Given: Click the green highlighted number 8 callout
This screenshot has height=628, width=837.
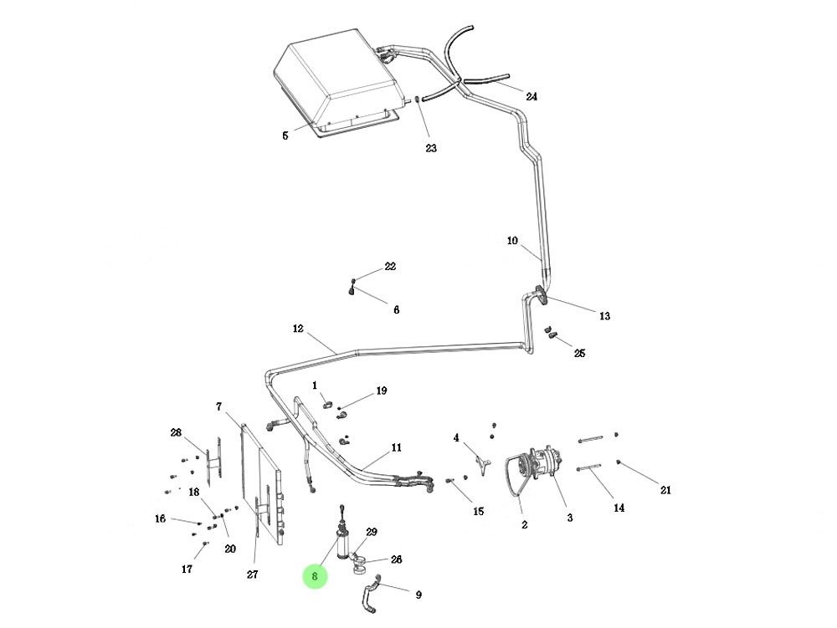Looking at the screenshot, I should [x=315, y=576].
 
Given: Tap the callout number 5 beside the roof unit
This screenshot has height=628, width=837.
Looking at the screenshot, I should [x=285, y=135].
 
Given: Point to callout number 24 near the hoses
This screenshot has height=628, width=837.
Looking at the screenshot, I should [x=531, y=96].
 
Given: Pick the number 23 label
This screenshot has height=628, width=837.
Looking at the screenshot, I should [x=431, y=148].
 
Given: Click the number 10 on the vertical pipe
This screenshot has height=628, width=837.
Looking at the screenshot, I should [x=512, y=241].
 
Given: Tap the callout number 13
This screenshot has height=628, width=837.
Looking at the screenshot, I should [x=604, y=316].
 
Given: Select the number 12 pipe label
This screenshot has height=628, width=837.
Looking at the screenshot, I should [x=298, y=329].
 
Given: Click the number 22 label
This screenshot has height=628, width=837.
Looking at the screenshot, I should [x=390, y=267].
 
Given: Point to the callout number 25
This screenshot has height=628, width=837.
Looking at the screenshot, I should [x=579, y=354].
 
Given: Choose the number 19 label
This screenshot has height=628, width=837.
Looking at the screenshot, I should [x=382, y=391].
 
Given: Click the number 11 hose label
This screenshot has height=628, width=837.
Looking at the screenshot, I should [x=396, y=447].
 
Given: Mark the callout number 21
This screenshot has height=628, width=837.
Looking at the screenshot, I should [x=665, y=490].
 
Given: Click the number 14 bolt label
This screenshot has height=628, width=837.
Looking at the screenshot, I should [x=619, y=508].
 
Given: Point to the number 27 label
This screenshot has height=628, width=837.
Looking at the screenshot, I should [x=252, y=574].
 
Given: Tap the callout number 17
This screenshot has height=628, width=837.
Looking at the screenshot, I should [x=187, y=569].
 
